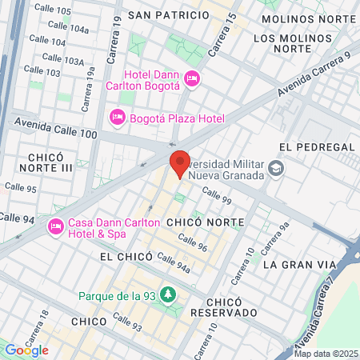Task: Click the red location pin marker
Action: point(180,162)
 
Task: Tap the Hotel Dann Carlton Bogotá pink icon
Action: point(191,78)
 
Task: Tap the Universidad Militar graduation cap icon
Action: point(276,168)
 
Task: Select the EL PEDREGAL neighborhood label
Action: point(317,147)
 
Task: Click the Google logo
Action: point(26,350)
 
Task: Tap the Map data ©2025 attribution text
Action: point(326,354)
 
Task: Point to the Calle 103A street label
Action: point(63,59)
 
